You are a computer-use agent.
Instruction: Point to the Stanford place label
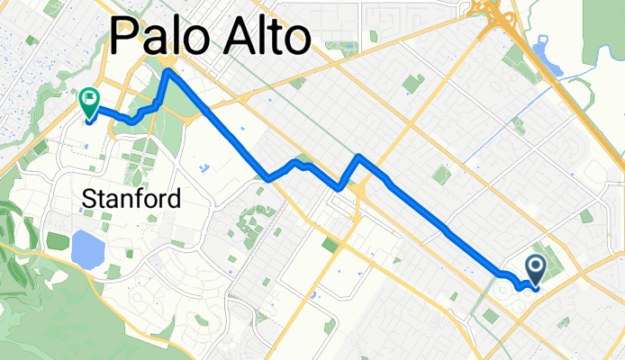pos(131,198)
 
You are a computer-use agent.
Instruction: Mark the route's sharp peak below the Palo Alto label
pos(168,72)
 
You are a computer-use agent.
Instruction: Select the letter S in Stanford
pos(90,198)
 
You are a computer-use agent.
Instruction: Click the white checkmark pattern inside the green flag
pos(89,96)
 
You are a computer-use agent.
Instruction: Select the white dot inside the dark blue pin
pos(536,265)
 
